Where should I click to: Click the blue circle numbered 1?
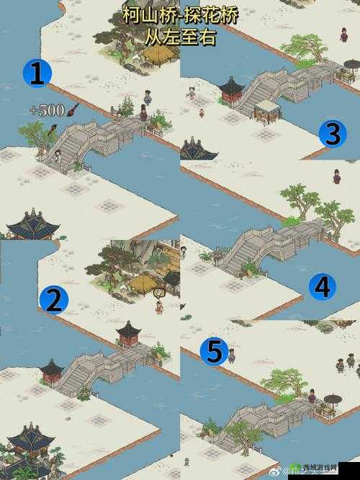pos(37,73)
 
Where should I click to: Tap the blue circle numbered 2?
pos(54,299)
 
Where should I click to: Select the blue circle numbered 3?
pos(332,134)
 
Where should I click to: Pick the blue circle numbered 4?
pos(322,287)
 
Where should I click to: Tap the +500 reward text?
pos(48,110)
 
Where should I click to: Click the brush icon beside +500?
pos(73,109)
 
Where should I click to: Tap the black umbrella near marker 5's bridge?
pos(333,399)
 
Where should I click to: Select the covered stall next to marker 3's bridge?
pos(267,109)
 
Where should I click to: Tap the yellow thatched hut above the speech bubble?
pos(143,282)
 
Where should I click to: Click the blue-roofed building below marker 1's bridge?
pos(32,225)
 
